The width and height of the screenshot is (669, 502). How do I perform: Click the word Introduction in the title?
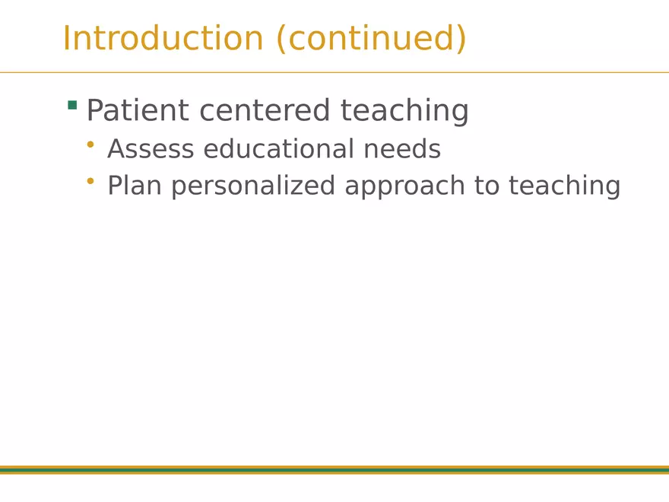click(x=163, y=38)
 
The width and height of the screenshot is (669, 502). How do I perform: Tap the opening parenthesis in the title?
click(x=281, y=39)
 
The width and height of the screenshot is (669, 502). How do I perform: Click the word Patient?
click(x=138, y=110)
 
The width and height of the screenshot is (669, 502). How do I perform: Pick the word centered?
click(x=265, y=110)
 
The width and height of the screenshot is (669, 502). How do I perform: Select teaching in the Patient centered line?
click(x=404, y=111)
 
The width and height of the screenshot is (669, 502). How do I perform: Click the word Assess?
click(x=151, y=149)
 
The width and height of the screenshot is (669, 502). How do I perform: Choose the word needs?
click(x=402, y=149)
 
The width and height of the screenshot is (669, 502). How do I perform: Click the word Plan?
click(x=135, y=186)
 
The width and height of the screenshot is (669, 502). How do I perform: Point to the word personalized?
click(x=253, y=186)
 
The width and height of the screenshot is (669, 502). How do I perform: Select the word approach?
click(x=405, y=186)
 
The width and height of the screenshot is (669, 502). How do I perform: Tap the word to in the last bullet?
click(x=487, y=186)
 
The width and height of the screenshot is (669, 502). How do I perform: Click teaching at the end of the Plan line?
click(x=565, y=186)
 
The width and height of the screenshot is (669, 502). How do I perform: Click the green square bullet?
click(x=72, y=105)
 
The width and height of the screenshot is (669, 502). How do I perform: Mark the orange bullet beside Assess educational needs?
click(x=90, y=145)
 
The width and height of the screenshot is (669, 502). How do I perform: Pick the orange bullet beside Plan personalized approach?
click(x=90, y=182)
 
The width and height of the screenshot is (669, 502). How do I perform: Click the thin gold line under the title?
click(x=334, y=72)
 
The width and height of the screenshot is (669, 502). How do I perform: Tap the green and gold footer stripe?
click(x=334, y=470)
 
